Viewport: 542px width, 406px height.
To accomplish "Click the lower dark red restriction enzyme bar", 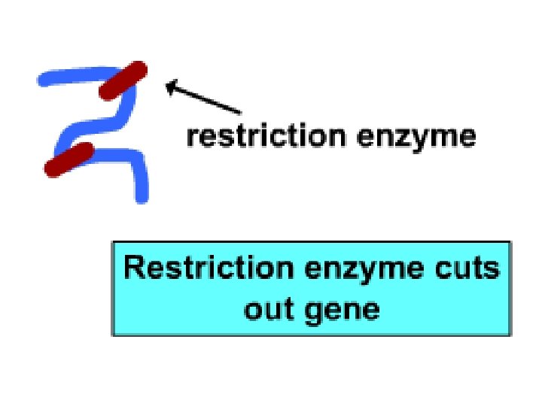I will (x=69, y=159).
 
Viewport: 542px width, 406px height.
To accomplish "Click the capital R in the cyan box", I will (x=134, y=268).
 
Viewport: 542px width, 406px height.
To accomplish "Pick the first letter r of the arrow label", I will (x=192, y=139).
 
